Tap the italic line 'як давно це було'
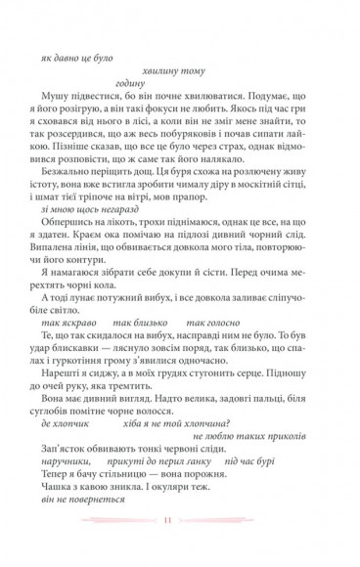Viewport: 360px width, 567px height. coord(78,58)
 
